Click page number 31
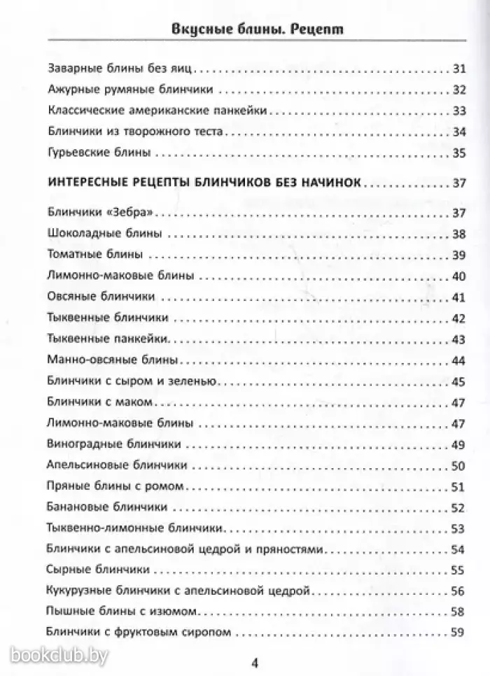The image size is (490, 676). (458, 69)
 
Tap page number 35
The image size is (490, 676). (458, 152)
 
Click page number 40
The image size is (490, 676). (458, 276)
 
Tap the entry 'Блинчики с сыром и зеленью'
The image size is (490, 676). (132, 381)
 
